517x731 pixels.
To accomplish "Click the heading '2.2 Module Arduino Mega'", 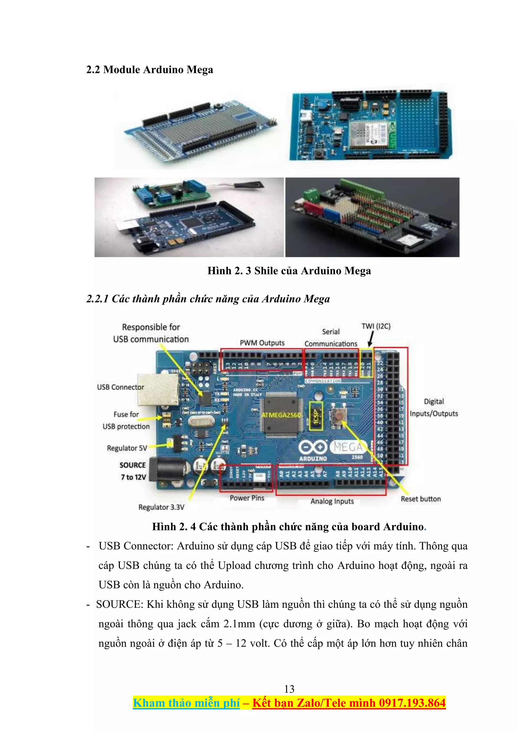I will [x=150, y=70].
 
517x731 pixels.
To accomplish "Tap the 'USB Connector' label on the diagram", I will [x=120, y=387].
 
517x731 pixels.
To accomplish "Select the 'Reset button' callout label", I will [x=421, y=499].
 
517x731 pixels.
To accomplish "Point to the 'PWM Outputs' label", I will [x=262, y=343].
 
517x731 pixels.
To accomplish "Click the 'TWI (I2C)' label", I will [x=376, y=326].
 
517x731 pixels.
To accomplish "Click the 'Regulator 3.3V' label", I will [x=161, y=507].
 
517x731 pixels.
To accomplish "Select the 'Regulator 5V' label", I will [x=127, y=448].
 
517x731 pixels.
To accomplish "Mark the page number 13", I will [x=289, y=689].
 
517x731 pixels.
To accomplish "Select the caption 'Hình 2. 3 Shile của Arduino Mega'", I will [x=289, y=271].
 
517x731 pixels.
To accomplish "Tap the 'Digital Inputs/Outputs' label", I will [x=434, y=407].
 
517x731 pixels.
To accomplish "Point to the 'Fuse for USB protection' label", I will [x=126, y=420].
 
